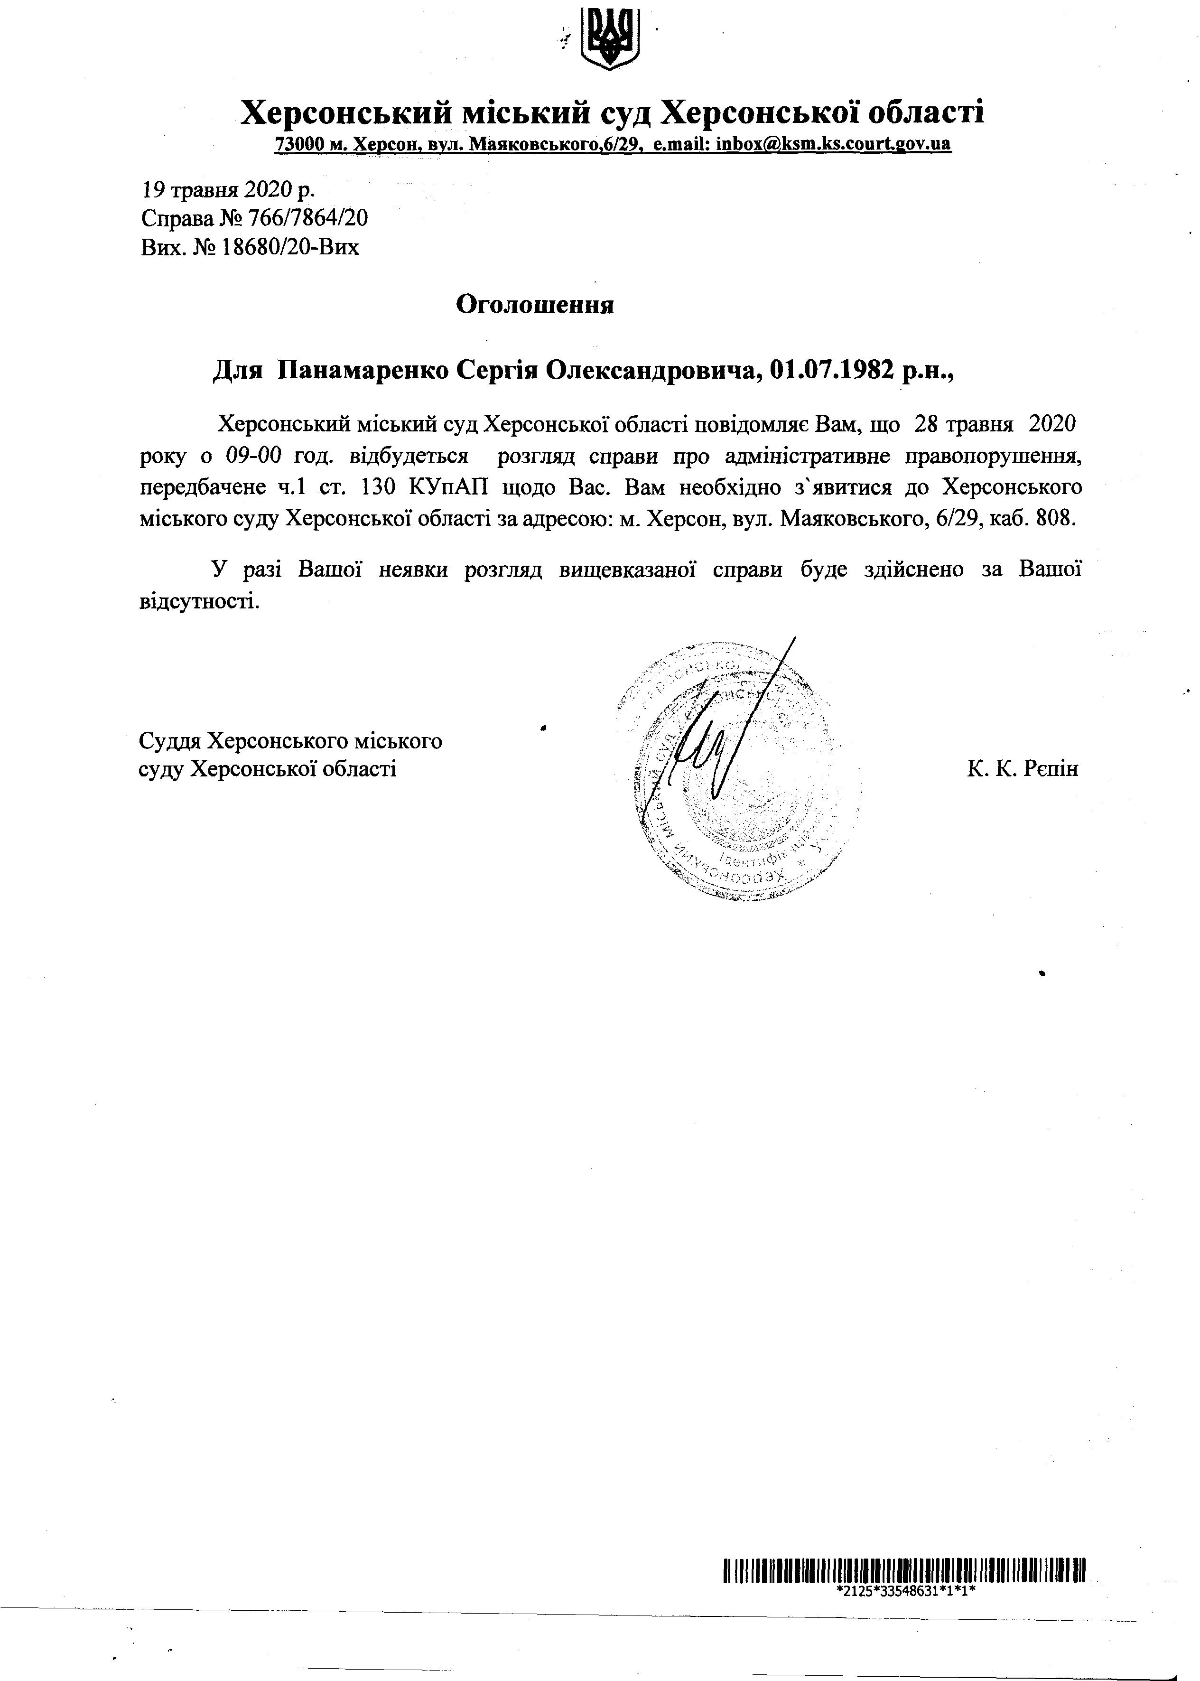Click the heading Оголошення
[534, 304]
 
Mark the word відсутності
[199, 600]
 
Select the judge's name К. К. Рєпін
[1023, 769]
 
